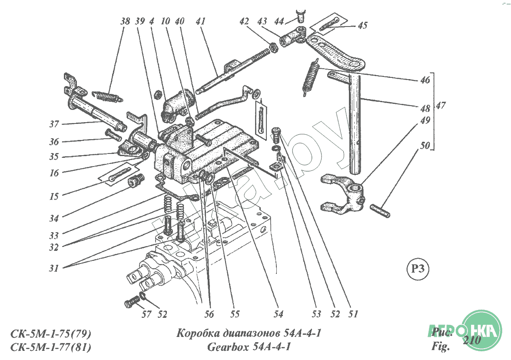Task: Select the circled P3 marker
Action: [x=418, y=269]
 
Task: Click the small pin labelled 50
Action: [x=380, y=211]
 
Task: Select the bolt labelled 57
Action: [x=132, y=301]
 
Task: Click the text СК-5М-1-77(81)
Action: [x=50, y=347]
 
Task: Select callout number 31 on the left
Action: [x=53, y=268]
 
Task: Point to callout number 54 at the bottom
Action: [x=278, y=314]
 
